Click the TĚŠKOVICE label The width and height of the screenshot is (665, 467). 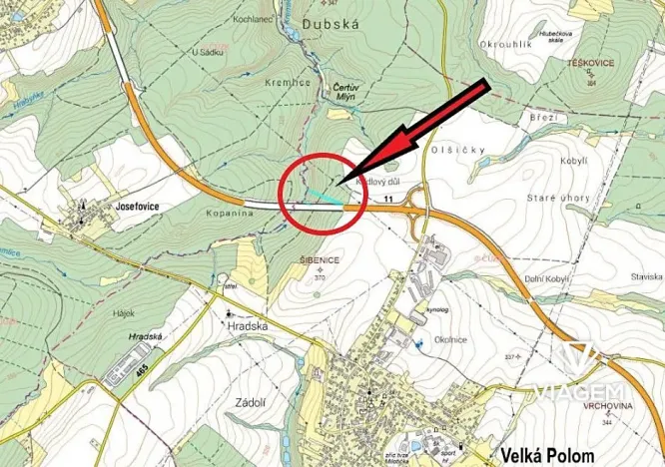click(x=591, y=62)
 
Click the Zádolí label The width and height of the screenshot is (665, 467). click(x=248, y=401)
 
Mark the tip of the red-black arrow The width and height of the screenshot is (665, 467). click(x=342, y=184)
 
